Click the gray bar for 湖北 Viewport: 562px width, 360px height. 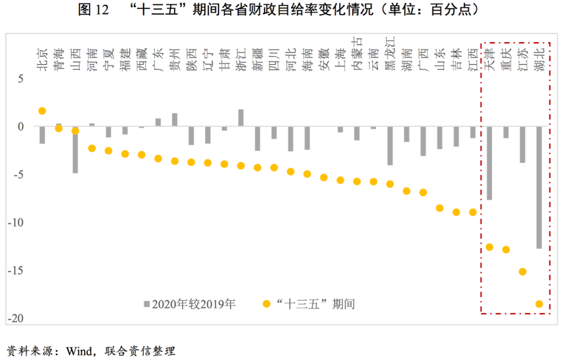click(x=539, y=187)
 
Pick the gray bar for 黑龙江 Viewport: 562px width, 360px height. click(x=390, y=146)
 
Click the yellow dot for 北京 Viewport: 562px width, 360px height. click(x=42, y=111)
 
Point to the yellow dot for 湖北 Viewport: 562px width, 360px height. click(x=539, y=304)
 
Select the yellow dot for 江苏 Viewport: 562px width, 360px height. click(x=522, y=272)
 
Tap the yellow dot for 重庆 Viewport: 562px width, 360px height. click(x=506, y=250)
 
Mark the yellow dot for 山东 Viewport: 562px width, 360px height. click(x=440, y=208)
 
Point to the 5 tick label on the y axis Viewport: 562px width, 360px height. click(x=21, y=79)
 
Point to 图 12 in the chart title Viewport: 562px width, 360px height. click(x=93, y=10)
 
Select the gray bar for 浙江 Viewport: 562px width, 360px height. click(x=241, y=118)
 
